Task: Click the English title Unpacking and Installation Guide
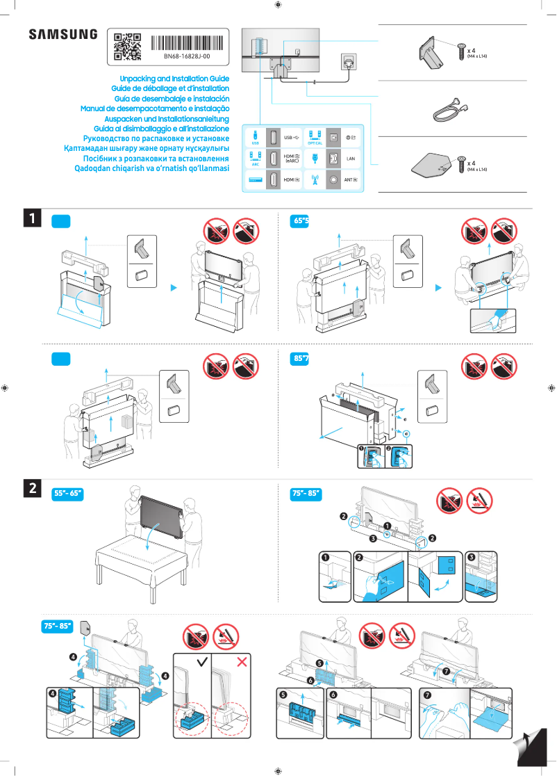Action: pos(174,80)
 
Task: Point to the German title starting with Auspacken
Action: pos(161,119)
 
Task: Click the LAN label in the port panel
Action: pos(351,159)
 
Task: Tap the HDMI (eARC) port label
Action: pos(292,159)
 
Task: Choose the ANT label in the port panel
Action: pos(351,180)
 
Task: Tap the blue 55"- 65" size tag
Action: pos(68,494)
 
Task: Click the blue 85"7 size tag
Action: pos(301,359)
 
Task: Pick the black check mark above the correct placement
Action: pos(202,662)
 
